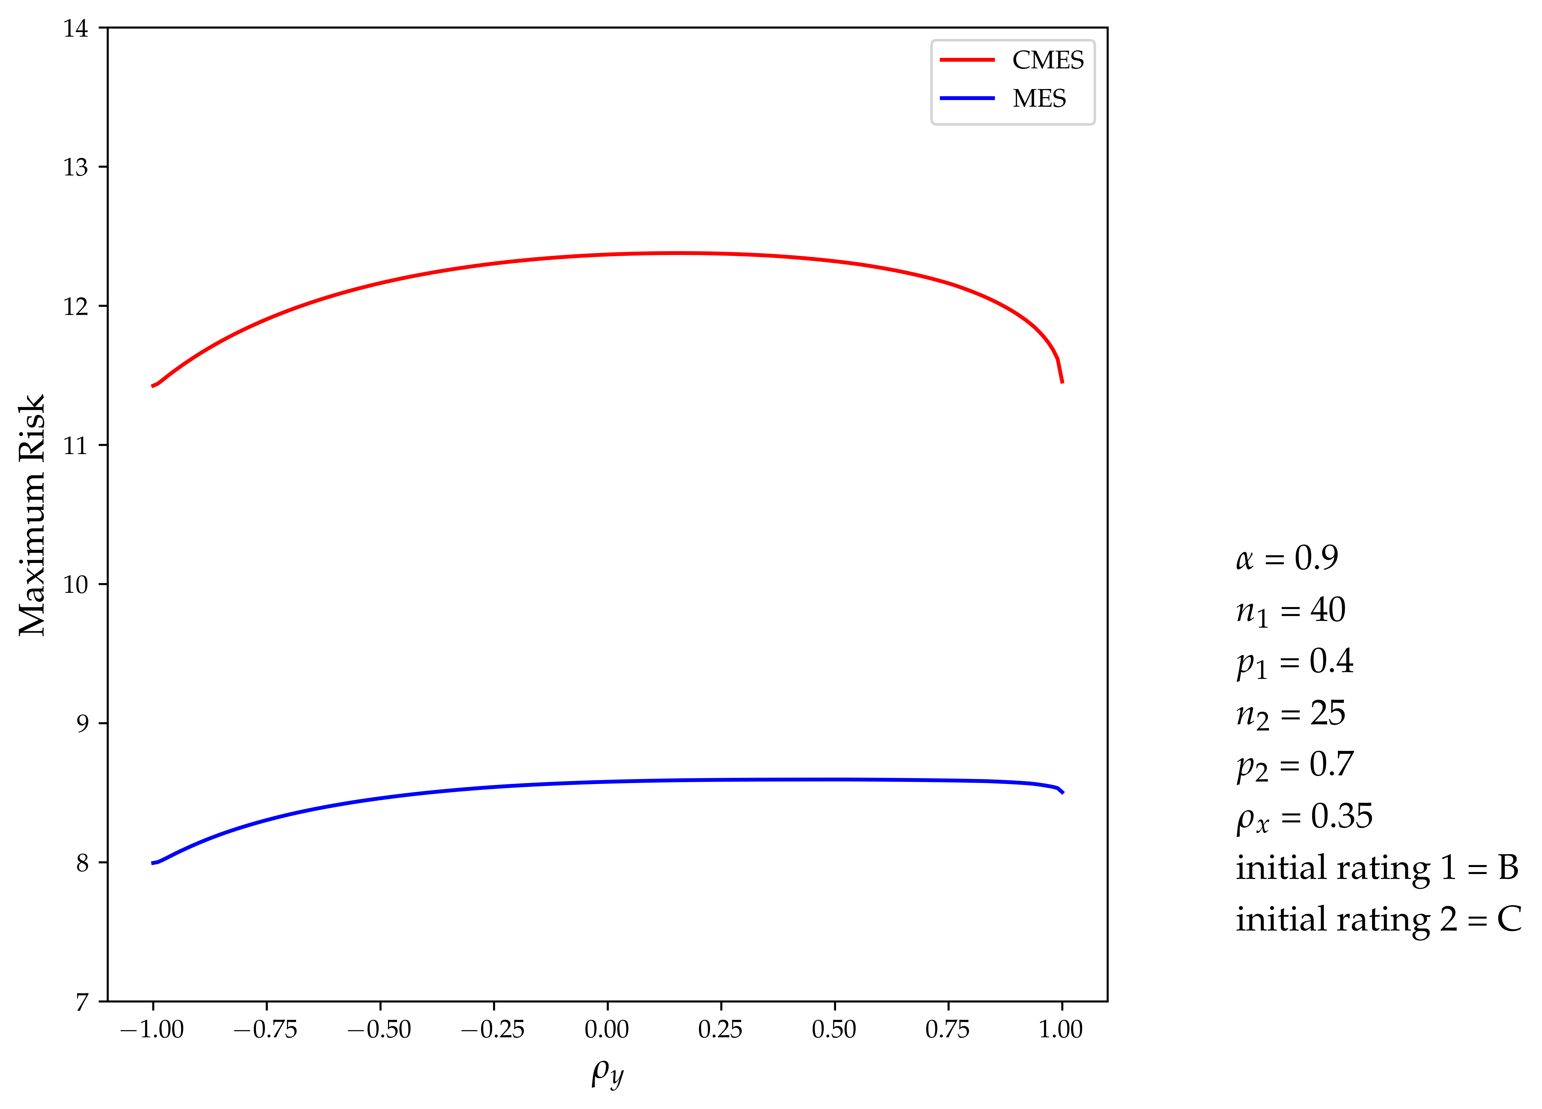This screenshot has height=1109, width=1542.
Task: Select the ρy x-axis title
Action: click(x=606, y=1073)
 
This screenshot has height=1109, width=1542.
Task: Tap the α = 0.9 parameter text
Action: click(x=1286, y=558)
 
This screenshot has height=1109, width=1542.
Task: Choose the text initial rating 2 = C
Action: click(x=1377, y=920)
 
